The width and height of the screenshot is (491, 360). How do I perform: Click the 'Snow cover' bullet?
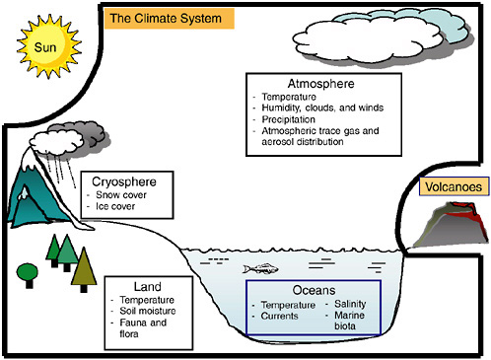click(126, 195)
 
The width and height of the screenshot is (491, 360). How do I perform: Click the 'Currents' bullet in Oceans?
click(283, 317)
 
